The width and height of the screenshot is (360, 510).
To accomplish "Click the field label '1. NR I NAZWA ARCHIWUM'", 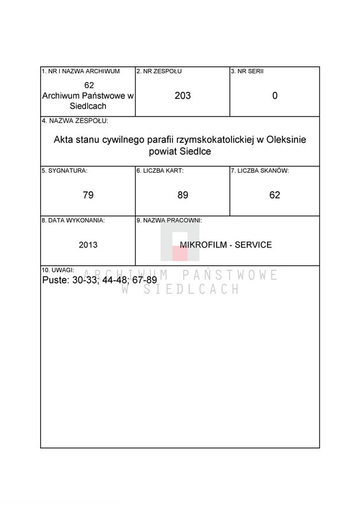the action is click(81, 71).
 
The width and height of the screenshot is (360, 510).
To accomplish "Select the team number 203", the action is click(182, 96).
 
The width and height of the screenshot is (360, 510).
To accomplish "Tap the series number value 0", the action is click(275, 96).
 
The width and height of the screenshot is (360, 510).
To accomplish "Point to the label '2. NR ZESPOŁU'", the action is click(159, 71).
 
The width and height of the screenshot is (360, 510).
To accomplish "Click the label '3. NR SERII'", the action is click(247, 71).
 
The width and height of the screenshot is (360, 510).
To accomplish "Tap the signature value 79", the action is click(88, 195).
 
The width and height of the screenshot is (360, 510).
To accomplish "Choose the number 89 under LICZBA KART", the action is click(183, 195).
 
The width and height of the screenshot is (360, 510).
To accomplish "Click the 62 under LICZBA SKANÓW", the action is click(275, 195).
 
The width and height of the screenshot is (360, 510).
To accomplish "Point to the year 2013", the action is click(88, 245).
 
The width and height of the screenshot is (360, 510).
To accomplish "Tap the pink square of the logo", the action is click(180, 253).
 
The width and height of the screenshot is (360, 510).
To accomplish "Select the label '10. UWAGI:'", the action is click(58, 270).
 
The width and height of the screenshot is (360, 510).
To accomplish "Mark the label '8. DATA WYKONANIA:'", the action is click(73, 221).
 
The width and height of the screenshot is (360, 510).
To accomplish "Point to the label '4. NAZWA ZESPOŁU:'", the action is click(75, 121).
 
